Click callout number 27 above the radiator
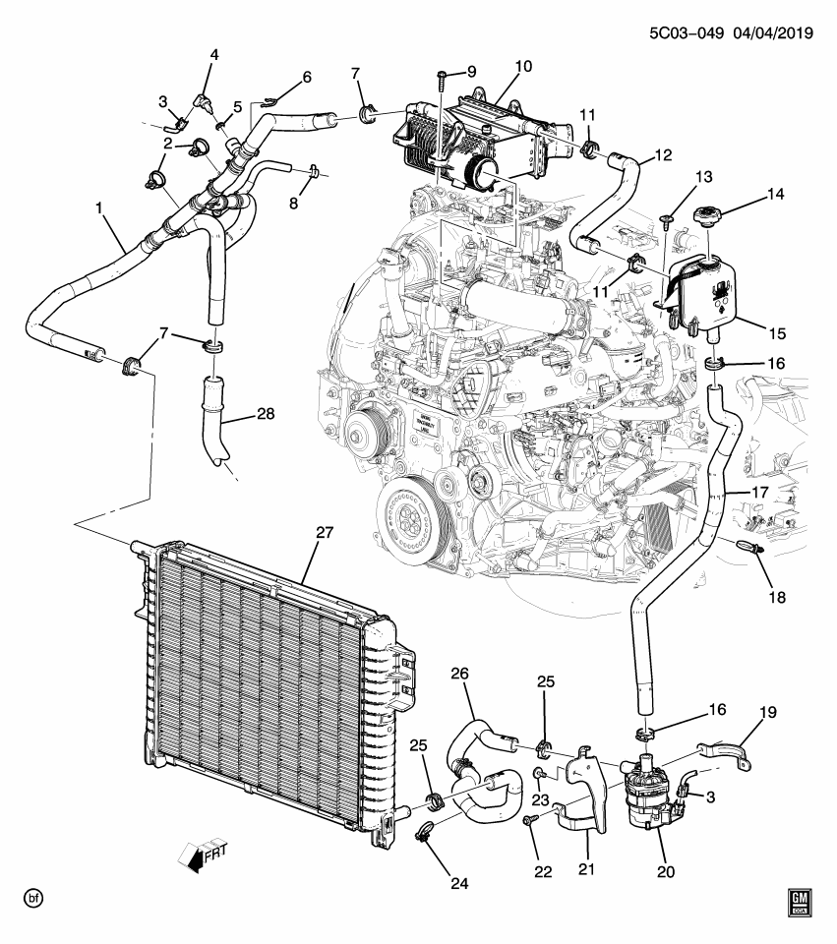coord(325,533)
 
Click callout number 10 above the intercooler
coord(522,67)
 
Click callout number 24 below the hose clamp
coord(460,883)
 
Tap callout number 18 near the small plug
coord(778,596)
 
